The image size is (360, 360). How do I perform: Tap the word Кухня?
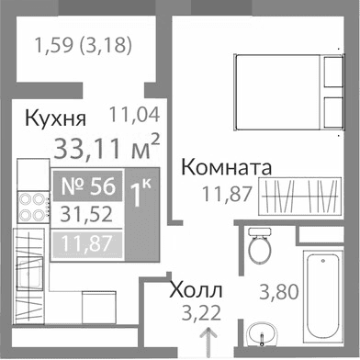(55, 118)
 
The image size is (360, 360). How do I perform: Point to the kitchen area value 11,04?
(134, 116)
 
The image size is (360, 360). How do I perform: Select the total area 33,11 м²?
(107, 146)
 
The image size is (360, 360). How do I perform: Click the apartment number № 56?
(88, 186)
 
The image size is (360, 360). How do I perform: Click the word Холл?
(197, 293)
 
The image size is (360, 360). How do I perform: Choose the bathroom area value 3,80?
(277, 293)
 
